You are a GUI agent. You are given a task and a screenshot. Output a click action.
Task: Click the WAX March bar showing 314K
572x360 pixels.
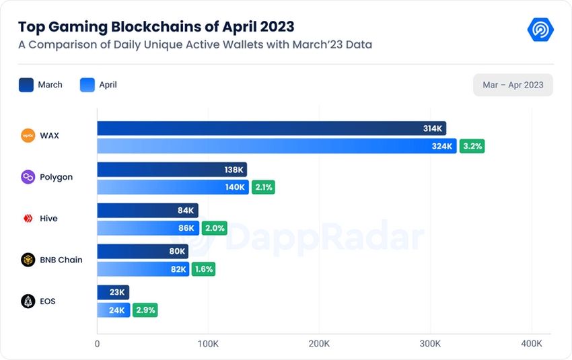[x=271, y=129]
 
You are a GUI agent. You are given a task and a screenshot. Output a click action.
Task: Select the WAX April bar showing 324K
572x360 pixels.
[x=277, y=146]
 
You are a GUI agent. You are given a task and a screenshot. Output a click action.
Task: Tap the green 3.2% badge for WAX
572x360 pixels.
[x=472, y=146]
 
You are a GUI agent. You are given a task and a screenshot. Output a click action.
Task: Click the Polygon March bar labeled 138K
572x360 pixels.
[x=172, y=170]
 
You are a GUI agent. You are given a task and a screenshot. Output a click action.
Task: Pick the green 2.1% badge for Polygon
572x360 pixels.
[x=263, y=187]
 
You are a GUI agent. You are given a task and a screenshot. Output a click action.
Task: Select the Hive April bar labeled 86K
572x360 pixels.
[x=148, y=228]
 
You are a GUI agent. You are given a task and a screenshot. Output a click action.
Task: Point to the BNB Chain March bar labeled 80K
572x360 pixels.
[x=143, y=252]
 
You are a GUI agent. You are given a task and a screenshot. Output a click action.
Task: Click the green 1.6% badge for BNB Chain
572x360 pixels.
[x=203, y=269]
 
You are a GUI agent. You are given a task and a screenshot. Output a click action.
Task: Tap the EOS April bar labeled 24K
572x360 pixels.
[x=113, y=310]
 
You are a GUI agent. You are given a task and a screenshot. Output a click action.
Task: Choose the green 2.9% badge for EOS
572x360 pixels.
[x=145, y=310]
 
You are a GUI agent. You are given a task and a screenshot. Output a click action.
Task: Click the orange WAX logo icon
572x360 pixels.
[x=28, y=135]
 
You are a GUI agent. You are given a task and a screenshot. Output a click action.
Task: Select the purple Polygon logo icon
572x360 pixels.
[x=28, y=177]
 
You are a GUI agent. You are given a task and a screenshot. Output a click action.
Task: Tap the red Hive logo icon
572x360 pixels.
[x=28, y=219]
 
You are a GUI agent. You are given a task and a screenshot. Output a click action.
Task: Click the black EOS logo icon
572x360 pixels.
[x=28, y=301]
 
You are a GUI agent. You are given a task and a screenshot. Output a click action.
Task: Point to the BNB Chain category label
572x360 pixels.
[x=61, y=260]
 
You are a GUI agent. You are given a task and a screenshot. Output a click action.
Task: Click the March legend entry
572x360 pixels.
[x=40, y=85]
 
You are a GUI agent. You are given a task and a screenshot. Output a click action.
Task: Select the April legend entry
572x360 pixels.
[x=98, y=85]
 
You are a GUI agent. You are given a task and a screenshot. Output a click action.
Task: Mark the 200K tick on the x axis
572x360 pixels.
[x=318, y=344]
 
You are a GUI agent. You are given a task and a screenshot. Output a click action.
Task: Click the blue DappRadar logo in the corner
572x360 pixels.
[x=540, y=30]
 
